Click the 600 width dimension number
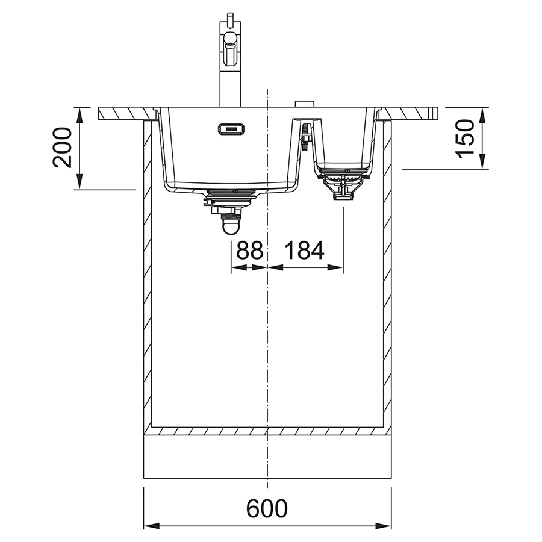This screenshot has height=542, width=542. tap(267, 508)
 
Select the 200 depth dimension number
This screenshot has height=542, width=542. tap(62, 148)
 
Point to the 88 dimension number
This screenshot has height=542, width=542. tap(249, 251)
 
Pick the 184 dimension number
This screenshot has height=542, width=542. tap(304, 251)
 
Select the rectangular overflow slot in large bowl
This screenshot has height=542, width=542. tap(231, 129)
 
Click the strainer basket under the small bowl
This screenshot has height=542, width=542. tap(343, 183)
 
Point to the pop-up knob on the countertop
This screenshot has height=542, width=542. tap(305, 104)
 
